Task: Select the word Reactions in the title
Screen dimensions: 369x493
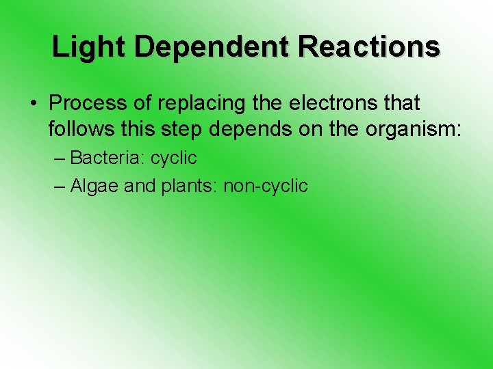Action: pyautogui.click(x=370, y=47)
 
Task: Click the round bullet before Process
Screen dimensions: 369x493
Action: pyautogui.click(x=33, y=103)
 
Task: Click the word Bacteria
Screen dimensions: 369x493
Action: pyautogui.click(x=108, y=159)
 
